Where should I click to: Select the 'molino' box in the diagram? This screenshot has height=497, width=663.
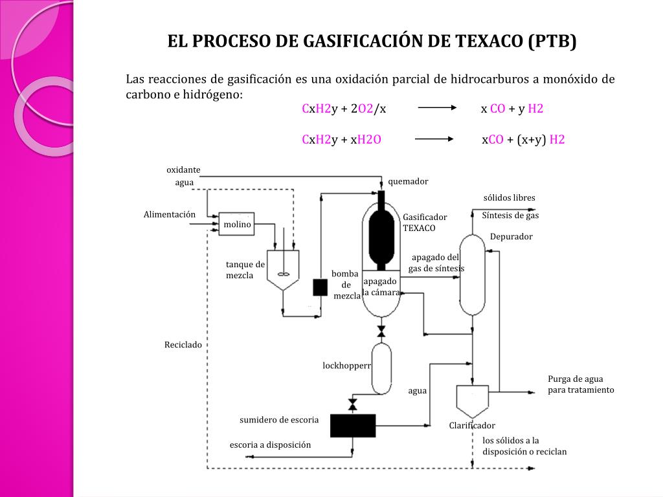tap(236, 224)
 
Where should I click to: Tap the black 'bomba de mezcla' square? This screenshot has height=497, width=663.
tap(320, 287)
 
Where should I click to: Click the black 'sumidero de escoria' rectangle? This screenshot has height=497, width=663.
tap(353, 425)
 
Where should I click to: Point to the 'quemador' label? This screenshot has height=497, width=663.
tap(408, 182)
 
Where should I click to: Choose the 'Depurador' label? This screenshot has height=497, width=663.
tap(511, 237)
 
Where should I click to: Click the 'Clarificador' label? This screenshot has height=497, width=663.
tap(472, 425)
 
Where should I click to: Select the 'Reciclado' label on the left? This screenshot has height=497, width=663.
tap(183, 345)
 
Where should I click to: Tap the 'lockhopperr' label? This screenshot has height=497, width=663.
tap(347, 366)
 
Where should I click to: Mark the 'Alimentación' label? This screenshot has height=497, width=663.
tap(170, 214)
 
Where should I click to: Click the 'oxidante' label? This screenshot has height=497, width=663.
tap(183, 170)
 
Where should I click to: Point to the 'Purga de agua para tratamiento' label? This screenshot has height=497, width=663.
tap(581, 384)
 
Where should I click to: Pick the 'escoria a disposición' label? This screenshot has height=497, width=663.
tap(271, 445)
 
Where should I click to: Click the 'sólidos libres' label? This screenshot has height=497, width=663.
tap(510, 197)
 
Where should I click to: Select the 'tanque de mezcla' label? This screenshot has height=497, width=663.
tap(245, 270)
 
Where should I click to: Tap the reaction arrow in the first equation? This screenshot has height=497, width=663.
tap(437, 109)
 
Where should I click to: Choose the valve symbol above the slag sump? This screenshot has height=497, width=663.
tap(353, 405)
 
